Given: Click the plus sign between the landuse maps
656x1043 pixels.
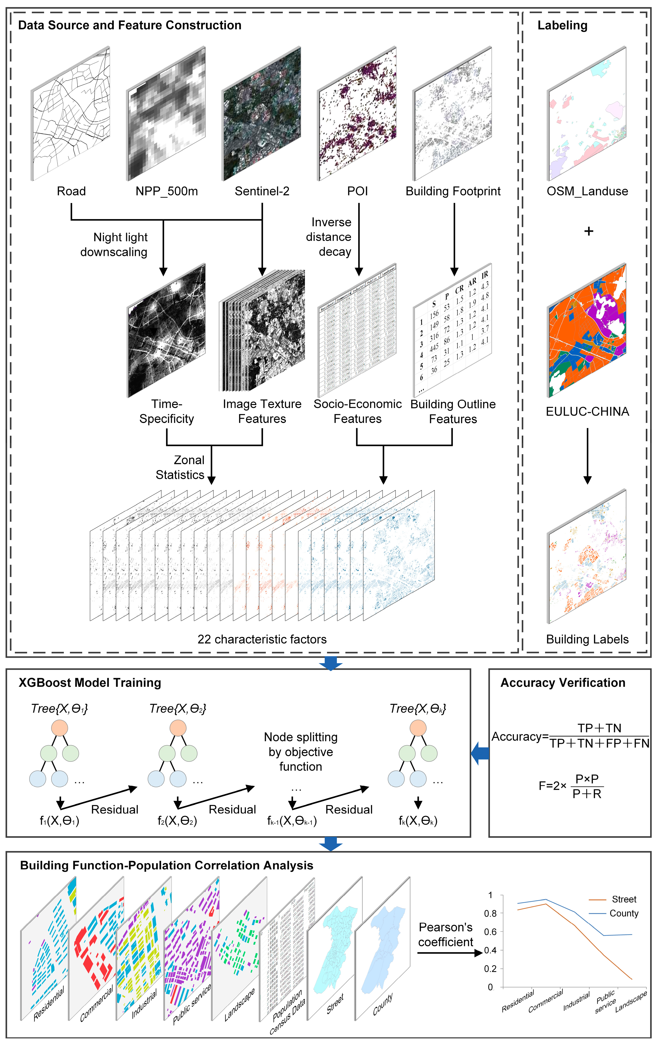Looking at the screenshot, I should coord(588,231).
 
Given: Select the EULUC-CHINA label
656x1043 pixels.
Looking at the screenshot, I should coord(587,411).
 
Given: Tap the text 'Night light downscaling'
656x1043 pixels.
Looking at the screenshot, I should coord(115,245).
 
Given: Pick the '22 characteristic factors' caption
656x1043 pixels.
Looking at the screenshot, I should coord(262,639).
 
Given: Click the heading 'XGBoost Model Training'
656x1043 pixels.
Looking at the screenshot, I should coord(90,683).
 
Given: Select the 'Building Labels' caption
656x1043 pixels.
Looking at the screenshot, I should coord(587,639).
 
